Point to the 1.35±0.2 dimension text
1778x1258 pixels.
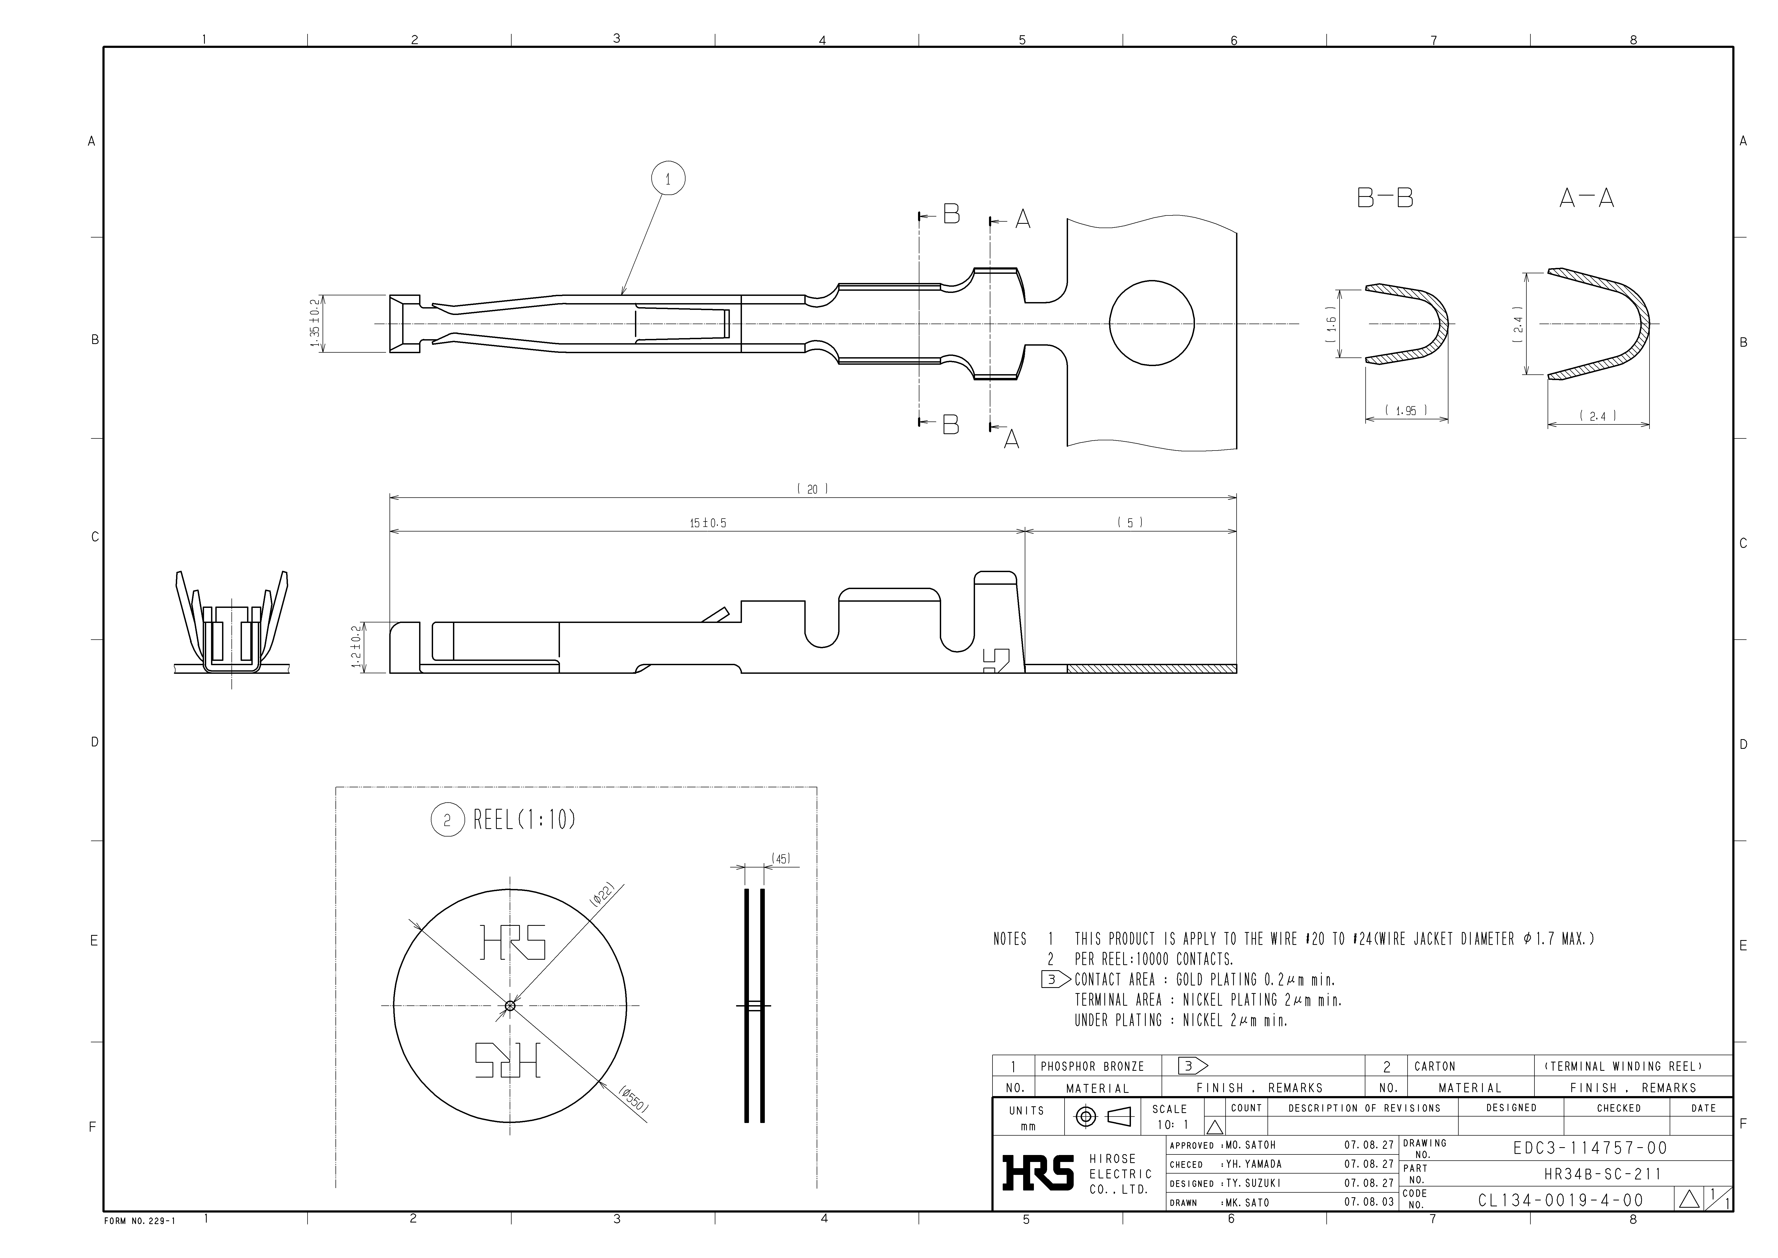point(315,324)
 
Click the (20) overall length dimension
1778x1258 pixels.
point(812,490)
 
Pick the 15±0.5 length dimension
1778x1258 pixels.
point(708,524)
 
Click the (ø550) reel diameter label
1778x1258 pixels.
point(633,1100)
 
